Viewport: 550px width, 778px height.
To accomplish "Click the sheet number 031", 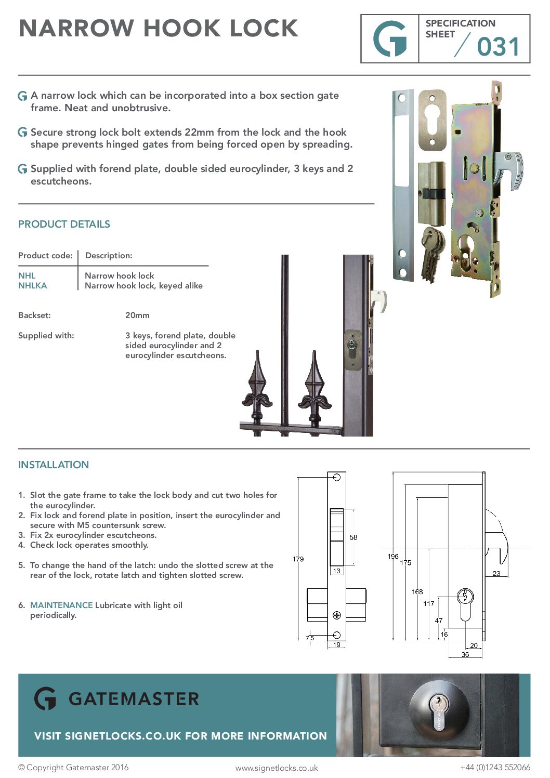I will tap(498, 47).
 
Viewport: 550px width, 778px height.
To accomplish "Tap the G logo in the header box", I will tap(390, 39).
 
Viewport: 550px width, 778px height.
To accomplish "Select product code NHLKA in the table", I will tap(32, 285).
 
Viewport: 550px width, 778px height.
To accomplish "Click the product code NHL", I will tap(27, 275).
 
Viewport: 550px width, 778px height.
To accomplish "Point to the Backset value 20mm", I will tap(137, 315).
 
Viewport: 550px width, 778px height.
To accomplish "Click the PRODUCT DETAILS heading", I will tap(64, 224).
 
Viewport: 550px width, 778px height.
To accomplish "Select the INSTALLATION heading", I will tap(54, 465).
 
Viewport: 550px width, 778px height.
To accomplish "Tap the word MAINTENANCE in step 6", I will tap(61, 605).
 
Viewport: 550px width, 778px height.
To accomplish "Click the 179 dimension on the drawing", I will tap(298, 559).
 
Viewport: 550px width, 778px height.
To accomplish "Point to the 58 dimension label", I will tap(353, 537).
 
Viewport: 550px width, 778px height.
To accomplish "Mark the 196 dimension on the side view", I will tap(393, 556).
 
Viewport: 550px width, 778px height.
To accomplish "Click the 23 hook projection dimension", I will tap(496, 573).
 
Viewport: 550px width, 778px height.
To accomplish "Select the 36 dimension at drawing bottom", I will tap(465, 654).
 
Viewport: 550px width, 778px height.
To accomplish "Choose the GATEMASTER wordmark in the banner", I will tap(134, 698).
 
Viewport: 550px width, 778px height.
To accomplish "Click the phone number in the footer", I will tap(495, 767).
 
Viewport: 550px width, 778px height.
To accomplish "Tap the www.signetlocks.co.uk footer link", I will tap(277, 768).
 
